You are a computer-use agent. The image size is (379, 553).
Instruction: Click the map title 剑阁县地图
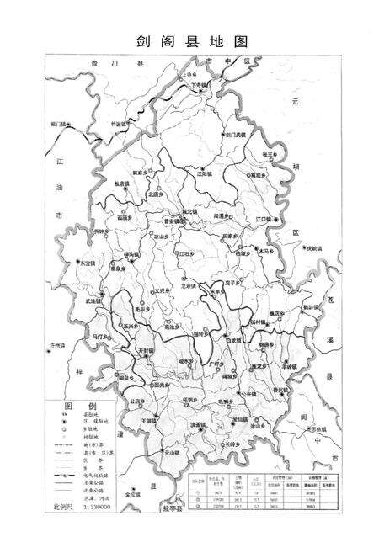pyautogui.click(x=189, y=40)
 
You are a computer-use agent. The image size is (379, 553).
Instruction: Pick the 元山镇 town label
pyautogui.click(x=171, y=454)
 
